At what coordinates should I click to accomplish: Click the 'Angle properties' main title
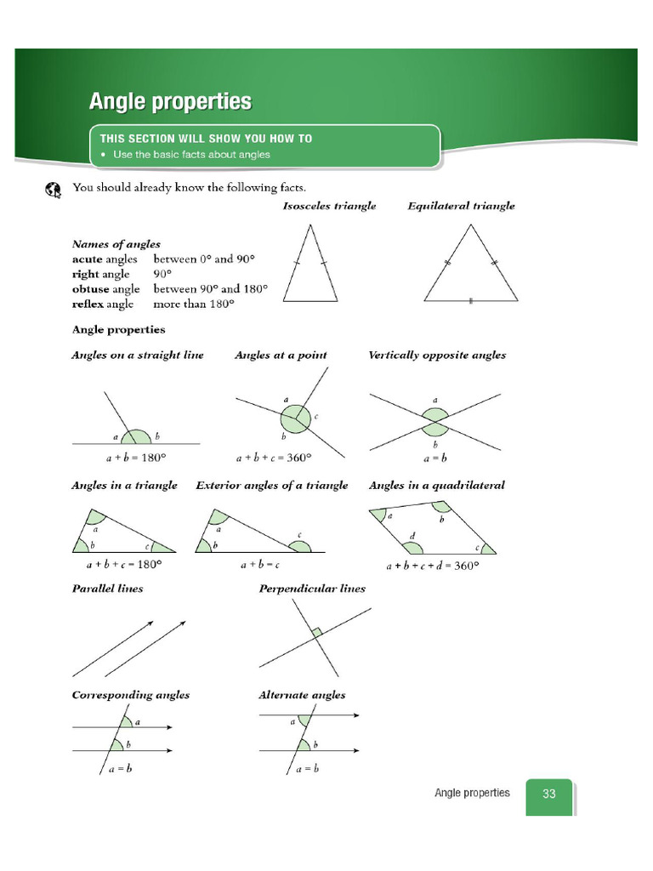170,102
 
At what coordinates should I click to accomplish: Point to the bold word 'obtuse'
89,289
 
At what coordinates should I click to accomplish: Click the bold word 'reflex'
88,304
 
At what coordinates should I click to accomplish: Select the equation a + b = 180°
136,457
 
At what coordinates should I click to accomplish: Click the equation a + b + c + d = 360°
433,565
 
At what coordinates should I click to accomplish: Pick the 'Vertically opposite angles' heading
436,355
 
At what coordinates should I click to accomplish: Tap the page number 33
548,794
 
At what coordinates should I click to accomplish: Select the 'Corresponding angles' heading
130,695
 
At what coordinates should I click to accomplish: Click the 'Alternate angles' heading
302,695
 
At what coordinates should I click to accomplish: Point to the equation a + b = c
260,564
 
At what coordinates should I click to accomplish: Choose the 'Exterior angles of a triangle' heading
271,485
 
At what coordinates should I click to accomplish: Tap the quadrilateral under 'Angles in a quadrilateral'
432,532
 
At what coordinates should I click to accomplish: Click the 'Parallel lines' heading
107,589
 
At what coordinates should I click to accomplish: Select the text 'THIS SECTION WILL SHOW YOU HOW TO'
206,138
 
